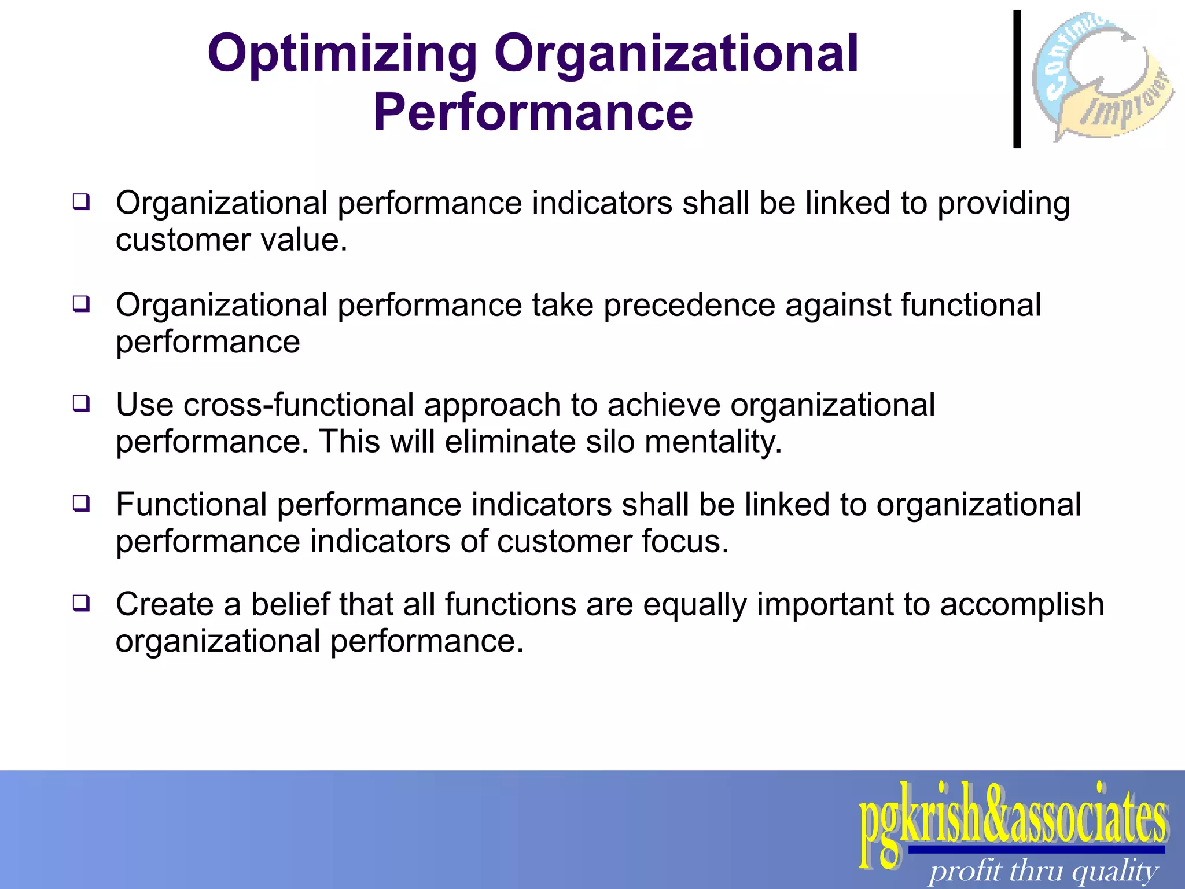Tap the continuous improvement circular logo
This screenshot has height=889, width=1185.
coord(1102,76)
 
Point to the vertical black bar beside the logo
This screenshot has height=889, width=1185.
coord(1017,79)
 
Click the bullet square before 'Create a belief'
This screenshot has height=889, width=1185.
coord(81,603)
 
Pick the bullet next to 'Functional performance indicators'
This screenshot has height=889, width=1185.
coord(81,503)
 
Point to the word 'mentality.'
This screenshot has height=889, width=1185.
coord(713,442)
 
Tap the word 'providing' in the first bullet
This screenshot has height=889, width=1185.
coord(1003,204)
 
